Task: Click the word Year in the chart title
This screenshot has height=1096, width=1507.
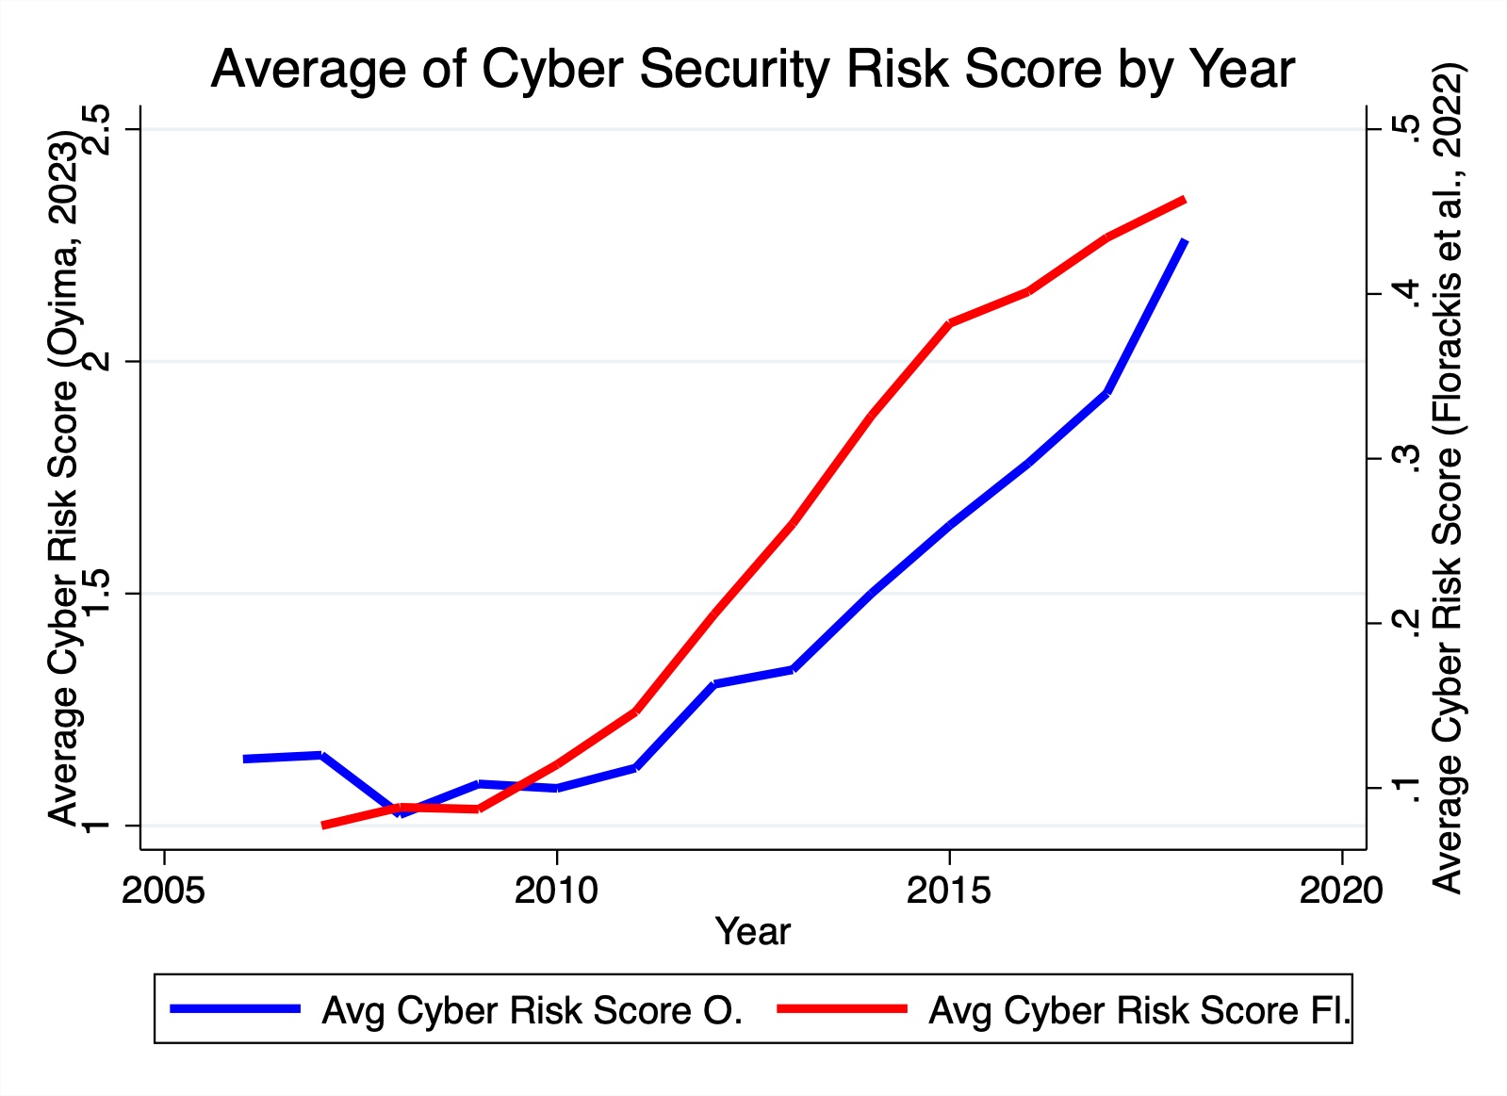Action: (x=1240, y=68)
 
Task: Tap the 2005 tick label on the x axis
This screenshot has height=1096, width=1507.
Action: (x=164, y=890)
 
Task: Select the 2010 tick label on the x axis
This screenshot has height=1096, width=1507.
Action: (x=556, y=890)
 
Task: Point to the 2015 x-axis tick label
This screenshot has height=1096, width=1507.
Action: (x=949, y=890)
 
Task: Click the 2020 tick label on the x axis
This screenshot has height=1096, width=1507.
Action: (x=1341, y=890)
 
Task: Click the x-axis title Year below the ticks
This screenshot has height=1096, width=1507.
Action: (x=752, y=931)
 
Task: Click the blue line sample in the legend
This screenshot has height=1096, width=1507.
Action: (x=235, y=1008)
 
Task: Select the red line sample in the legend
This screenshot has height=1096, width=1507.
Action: (x=842, y=1008)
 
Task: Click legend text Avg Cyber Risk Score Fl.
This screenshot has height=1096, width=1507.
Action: (x=1139, y=1010)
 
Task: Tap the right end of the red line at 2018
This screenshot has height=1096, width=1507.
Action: (x=1184, y=200)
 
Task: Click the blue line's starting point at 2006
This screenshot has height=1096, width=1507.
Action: (x=244, y=759)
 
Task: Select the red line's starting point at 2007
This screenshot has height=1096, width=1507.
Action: (x=323, y=825)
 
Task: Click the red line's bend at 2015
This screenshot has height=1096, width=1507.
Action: (x=949, y=323)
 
